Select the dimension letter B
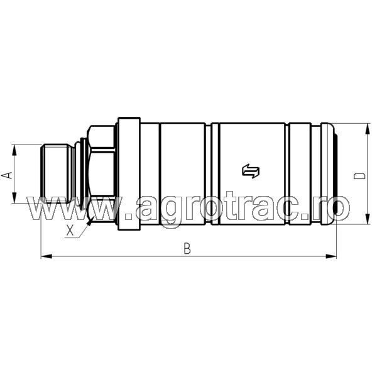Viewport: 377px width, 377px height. [x=187, y=248]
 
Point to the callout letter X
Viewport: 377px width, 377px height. [x=70, y=231]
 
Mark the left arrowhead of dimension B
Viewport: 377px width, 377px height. [x=45, y=256]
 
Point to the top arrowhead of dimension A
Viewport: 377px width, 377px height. [x=14, y=148]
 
